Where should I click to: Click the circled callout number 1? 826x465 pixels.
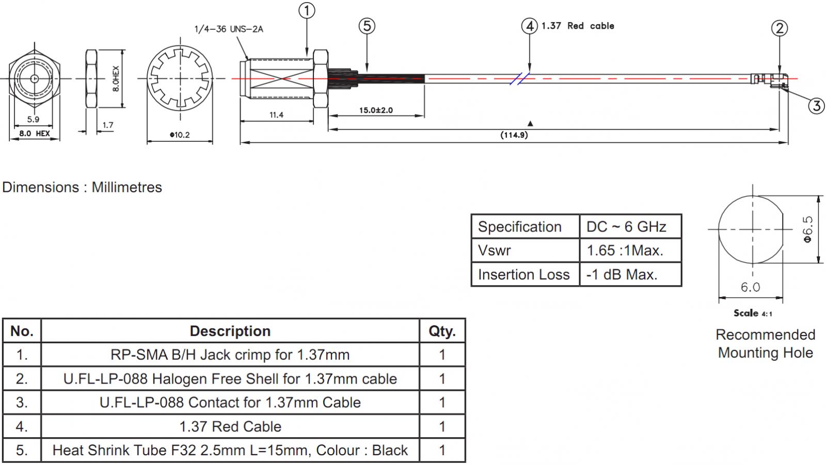click(x=307, y=10)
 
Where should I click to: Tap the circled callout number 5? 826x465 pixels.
click(x=367, y=26)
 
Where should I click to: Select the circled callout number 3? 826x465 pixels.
click(x=816, y=106)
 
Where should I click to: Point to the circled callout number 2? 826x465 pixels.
click(x=780, y=28)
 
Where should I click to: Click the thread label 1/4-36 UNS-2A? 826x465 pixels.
click(x=229, y=29)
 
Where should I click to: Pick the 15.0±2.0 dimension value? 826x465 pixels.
click(x=376, y=110)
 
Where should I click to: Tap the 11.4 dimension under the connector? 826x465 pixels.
click(x=276, y=115)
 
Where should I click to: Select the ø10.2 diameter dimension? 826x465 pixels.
click(x=180, y=135)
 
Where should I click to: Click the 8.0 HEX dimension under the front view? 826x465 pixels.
click(x=35, y=134)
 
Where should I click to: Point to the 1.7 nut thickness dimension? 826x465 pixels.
click(x=107, y=125)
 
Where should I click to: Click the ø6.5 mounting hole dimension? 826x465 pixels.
click(x=808, y=229)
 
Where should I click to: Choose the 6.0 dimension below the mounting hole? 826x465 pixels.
click(x=750, y=287)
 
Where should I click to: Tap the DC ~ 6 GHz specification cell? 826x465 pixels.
click(x=626, y=227)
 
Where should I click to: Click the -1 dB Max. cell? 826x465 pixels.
click(x=622, y=274)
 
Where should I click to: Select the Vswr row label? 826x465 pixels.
click(x=495, y=251)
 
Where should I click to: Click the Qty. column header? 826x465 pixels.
click(x=442, y=331)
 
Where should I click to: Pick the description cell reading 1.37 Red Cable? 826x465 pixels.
click(x=230, y=426)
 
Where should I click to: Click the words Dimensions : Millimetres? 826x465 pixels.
click(x=82, y=187)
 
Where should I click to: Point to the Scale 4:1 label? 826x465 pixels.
click(x=753, y=313)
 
